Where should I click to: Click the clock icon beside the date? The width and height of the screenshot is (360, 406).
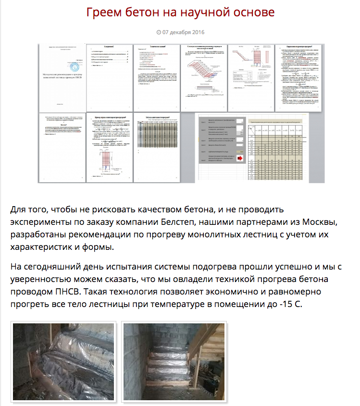pyautogui.click(x=159, y=32)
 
